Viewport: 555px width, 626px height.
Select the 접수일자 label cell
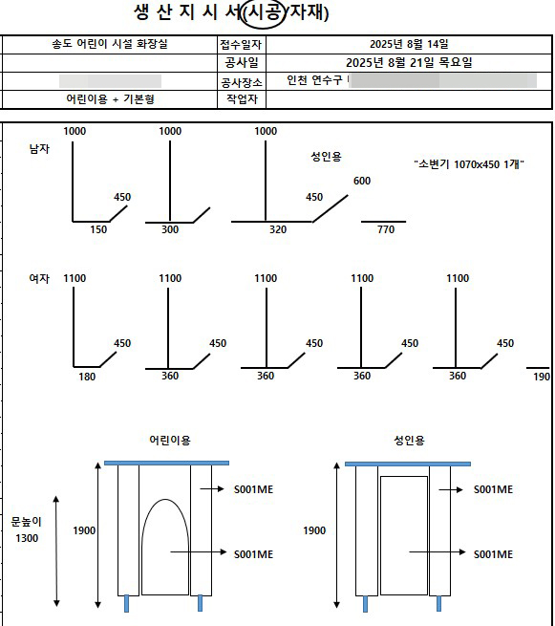coord(242,45)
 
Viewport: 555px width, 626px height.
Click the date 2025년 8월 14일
coord(408,45)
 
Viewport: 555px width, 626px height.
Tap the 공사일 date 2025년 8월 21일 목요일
coord(408,63)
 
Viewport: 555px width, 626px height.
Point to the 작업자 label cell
coord(242,99)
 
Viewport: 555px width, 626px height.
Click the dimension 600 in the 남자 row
coord(361,181)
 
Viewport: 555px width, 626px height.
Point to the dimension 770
coord(385,230)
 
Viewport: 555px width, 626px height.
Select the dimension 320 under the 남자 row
coord(277,230)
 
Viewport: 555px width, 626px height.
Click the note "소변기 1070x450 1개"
coord(470,164)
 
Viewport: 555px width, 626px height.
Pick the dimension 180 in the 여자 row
coord(87,377)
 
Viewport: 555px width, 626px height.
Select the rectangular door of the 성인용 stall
coord(403,535)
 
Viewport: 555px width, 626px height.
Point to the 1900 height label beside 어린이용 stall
coord(85,530)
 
